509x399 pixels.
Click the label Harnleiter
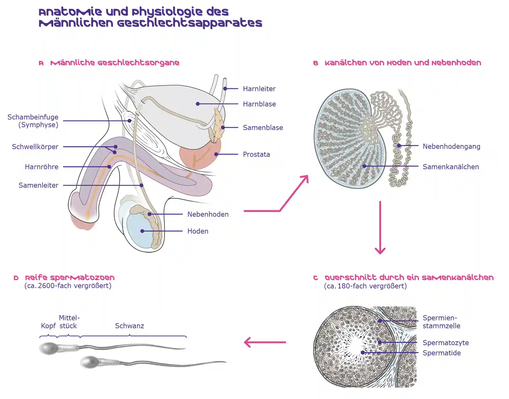coord(259,89)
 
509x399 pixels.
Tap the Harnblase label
coord(259,104)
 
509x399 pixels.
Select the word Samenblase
coord(263,127)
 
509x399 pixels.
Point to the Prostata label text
coord(256,154)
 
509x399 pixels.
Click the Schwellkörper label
coord(35,147)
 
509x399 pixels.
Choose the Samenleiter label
coord(38,185)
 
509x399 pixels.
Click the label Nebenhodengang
coord(451,146)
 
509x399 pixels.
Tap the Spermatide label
coord(441,353)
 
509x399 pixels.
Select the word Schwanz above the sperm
coord(129,326)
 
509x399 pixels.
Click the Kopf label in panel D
coord(48,326)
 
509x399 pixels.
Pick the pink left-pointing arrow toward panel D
coord(265,342)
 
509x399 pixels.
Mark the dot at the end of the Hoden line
coord(142,231)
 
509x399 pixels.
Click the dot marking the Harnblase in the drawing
coord(198,104)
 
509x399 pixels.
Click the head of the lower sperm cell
coord(89,362)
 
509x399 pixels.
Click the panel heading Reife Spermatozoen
coord(70,277)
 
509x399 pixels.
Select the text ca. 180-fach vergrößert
coord(365,286)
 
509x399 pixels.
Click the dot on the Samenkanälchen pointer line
coord(364,166)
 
